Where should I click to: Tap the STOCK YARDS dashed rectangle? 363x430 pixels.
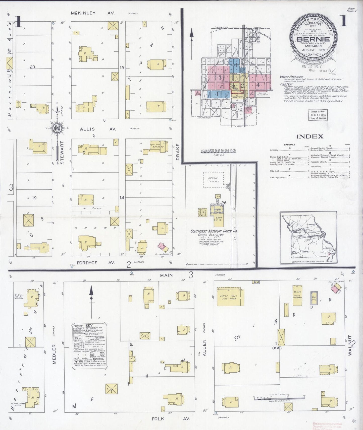[x=213, y=180]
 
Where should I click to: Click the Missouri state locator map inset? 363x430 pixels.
[x=308, y=238]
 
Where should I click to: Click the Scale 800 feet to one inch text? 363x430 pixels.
[x=218, y=151]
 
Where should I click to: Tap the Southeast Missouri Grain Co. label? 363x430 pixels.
[x=214, y=231]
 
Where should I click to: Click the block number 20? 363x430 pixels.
[x=32, y=67]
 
